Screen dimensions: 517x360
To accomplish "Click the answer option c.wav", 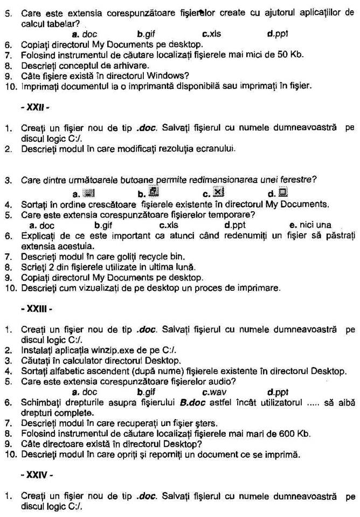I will click(214, 392).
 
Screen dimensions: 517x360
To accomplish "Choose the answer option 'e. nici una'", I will click(310, 225).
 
